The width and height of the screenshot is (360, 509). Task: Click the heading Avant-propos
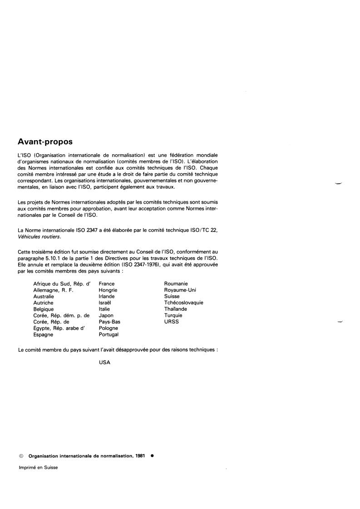pos(45,142)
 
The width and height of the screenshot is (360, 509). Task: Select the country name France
pos(107,284)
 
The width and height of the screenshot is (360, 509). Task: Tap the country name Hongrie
pos(108,290)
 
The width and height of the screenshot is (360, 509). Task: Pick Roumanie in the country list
pos(176,284)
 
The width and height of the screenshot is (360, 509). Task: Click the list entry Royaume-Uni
pos(180,290)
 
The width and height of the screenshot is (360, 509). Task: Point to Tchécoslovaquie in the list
pos(184,303)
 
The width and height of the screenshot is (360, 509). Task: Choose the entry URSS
pos(172,322)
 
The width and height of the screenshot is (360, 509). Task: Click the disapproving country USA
pos(104,362)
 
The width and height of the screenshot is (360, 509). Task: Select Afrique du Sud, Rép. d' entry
pos(62,284)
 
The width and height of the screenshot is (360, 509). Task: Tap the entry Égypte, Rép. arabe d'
pos(63,328)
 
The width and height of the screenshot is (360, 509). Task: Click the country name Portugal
pos(108,334)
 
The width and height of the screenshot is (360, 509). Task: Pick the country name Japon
pos(106,315)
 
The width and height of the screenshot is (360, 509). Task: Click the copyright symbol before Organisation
pos(21,456)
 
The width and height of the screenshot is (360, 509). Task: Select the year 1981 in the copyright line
pos(140,456)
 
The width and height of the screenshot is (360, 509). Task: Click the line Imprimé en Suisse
pos(38,467)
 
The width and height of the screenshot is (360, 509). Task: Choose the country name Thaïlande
pos(175,309)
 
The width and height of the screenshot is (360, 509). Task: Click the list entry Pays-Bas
pos(109,322)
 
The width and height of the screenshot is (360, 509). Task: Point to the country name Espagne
pos(43,334)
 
